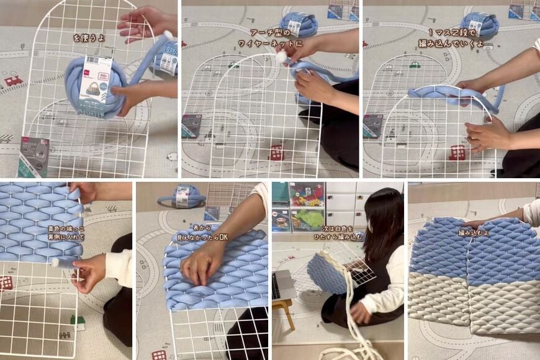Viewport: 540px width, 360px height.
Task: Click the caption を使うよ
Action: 89,38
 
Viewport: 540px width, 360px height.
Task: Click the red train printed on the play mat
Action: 13,80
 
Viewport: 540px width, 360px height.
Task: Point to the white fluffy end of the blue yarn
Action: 282,56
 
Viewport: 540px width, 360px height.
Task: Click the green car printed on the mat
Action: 415,64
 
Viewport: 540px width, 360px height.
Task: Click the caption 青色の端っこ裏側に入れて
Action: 66,233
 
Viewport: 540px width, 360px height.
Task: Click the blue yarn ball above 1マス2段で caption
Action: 480,24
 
